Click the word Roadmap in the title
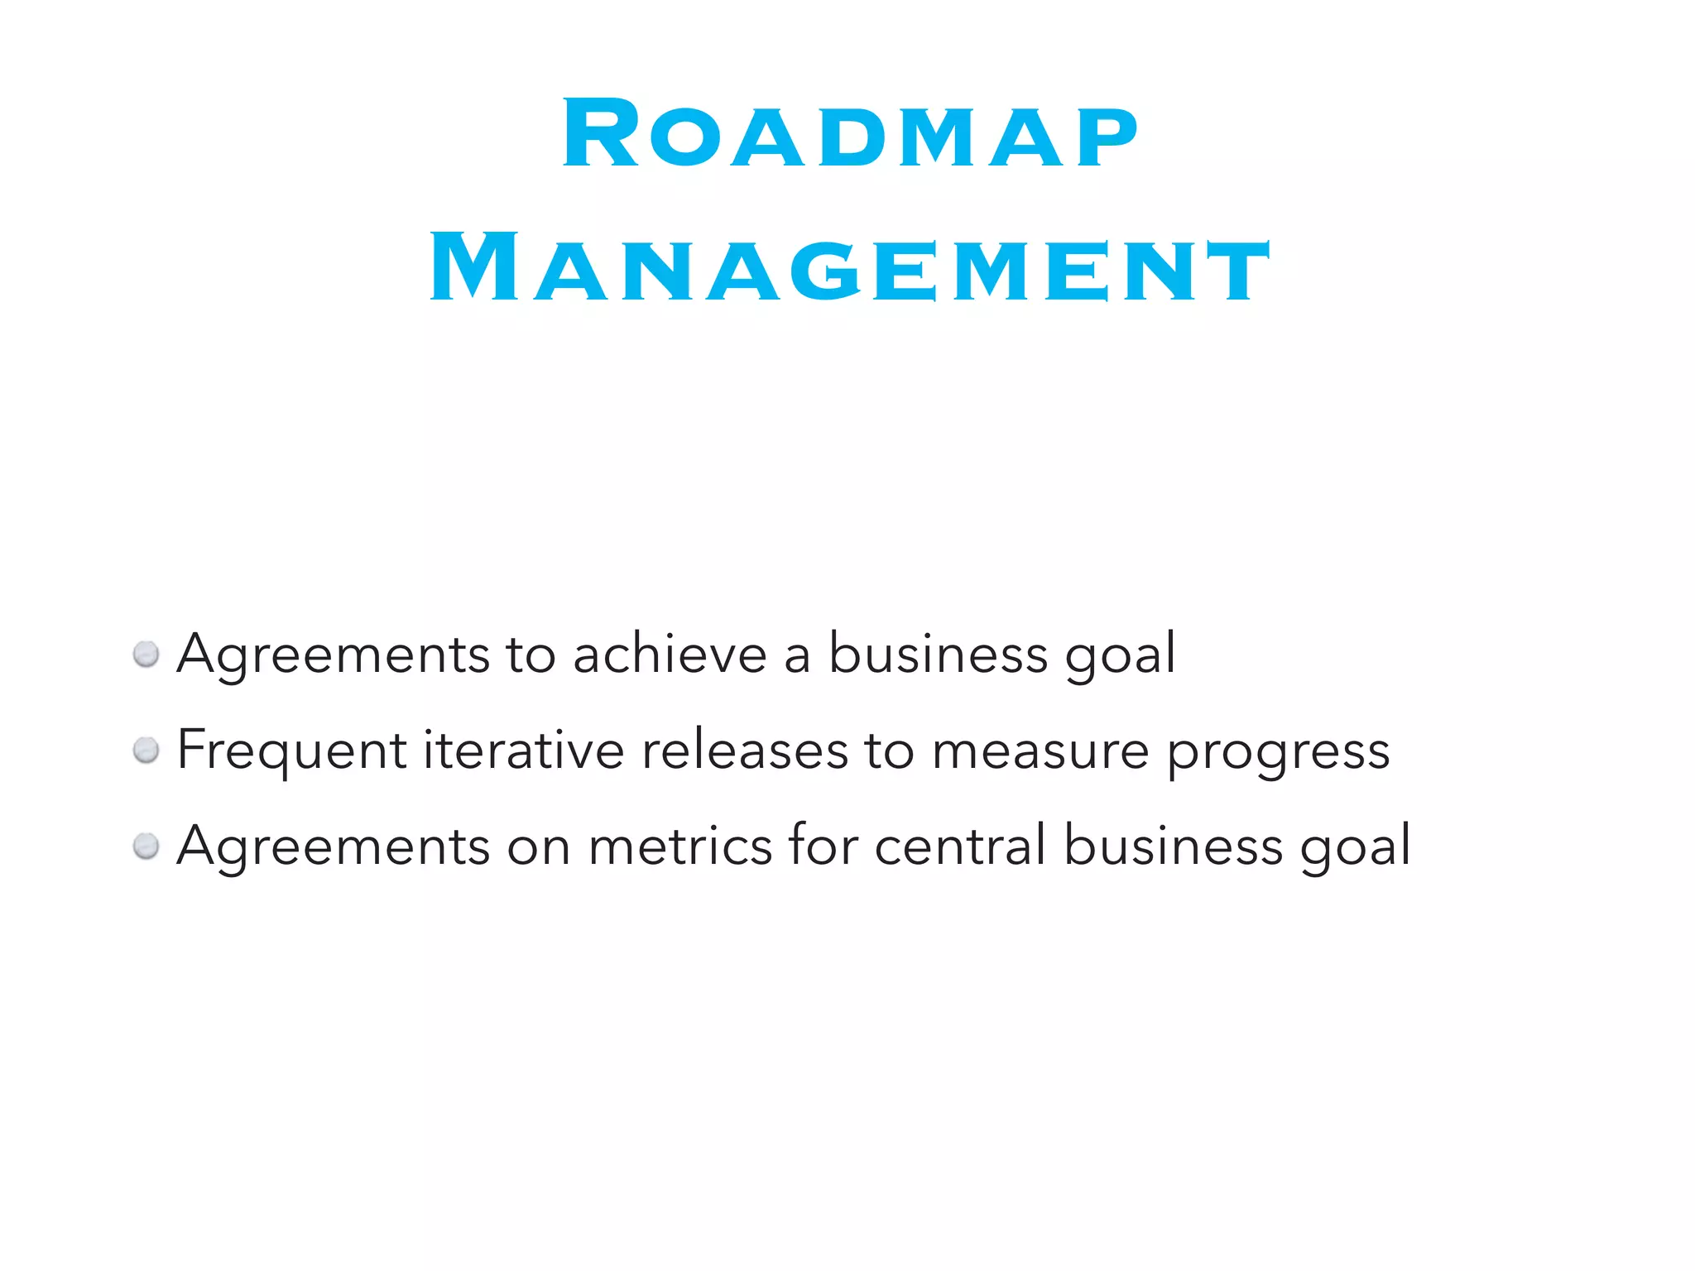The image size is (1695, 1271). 850,135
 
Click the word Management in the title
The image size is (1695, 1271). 850,268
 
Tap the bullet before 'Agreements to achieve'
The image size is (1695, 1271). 146,655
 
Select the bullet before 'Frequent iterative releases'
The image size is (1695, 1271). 146,751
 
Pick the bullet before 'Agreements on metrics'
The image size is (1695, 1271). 146,847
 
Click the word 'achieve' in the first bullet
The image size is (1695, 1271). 670,655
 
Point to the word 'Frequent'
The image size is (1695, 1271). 291,751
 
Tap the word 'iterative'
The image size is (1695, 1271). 523,750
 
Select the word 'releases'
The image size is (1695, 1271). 744,750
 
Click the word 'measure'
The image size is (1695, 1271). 1040,751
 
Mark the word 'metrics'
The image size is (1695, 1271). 679,847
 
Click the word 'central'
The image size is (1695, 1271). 960,846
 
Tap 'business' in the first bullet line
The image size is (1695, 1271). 939,654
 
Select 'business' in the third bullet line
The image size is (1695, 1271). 1174,846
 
